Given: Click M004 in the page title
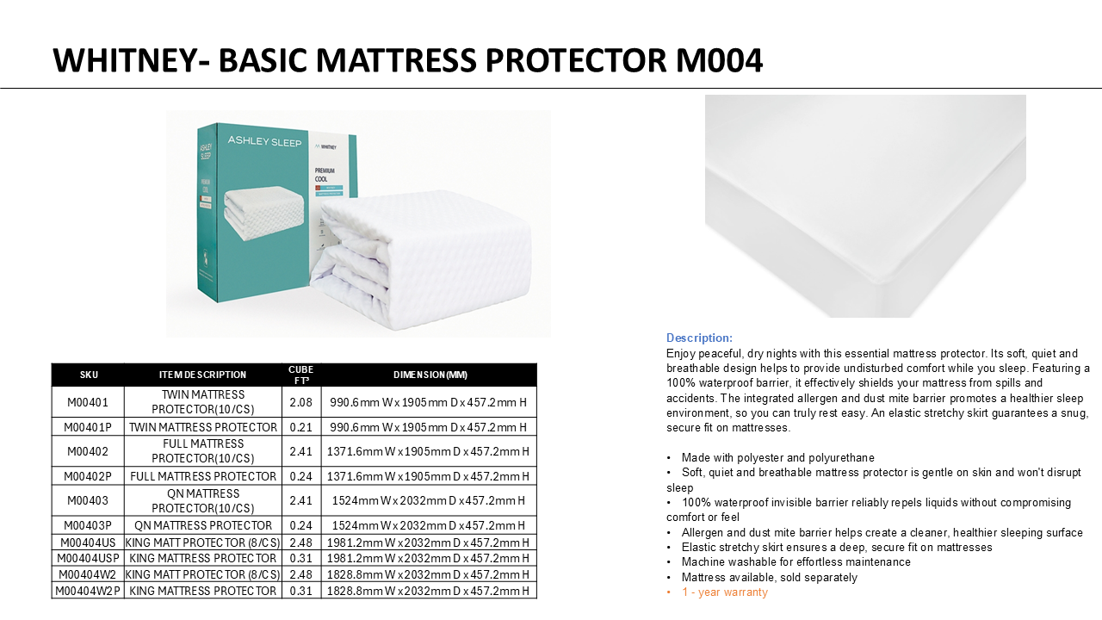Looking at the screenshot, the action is tap(719, 60).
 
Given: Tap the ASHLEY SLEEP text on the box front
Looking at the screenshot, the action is tap(264, 142).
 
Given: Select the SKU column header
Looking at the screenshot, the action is tap(89, 375).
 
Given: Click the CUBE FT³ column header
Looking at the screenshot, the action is tap(301, 375).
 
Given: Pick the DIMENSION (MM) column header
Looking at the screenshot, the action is tap(430, 375).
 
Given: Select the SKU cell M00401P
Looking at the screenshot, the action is tap(88, 427).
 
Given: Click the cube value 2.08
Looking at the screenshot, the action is tap(301, 402).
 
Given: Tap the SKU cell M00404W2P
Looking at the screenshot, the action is tap(88, 591).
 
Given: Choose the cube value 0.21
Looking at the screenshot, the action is tap(301, 427).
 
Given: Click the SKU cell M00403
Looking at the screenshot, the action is tap(88, 500).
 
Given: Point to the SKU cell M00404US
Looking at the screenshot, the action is tap(88, 542).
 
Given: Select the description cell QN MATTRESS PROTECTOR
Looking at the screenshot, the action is tap(203, 525).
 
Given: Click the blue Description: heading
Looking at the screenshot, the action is tap(699, 338).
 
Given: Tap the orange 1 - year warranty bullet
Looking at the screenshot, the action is tap(725, 592).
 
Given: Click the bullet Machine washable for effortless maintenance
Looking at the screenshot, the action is tap(796, 562).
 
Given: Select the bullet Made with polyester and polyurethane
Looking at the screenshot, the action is tap(777, 457).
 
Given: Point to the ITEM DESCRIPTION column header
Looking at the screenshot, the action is tap(202, 375).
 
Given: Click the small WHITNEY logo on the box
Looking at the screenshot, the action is tap(325, 146).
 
